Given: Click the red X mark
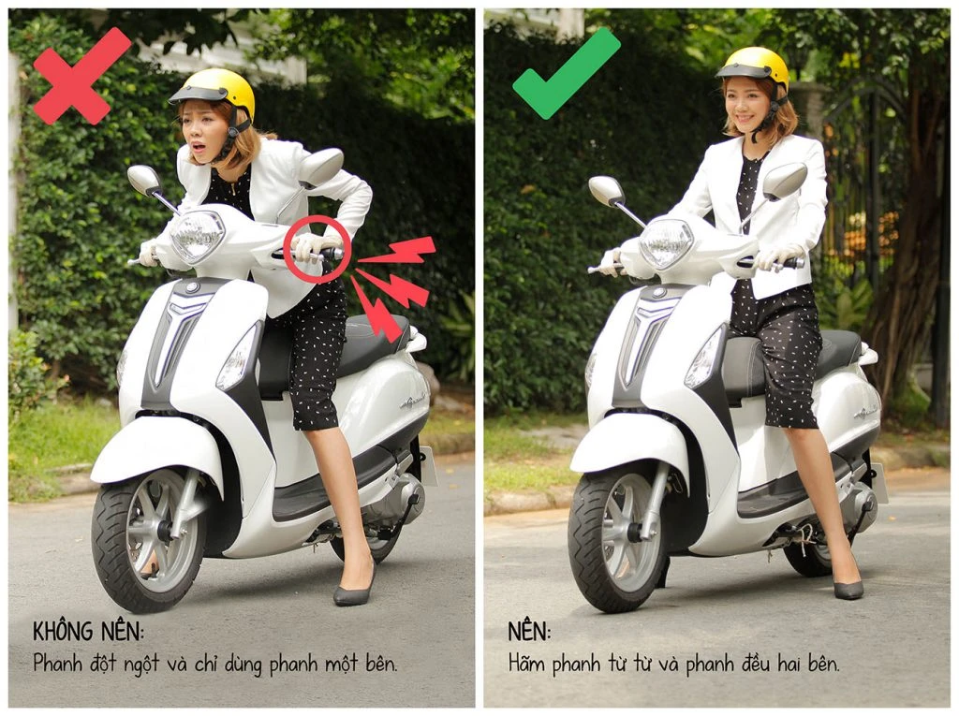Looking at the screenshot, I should [81, 76].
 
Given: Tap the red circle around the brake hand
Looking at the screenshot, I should [317, 249].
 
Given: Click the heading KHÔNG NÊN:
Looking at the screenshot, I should [89, 631].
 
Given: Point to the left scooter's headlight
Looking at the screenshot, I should [198, 235].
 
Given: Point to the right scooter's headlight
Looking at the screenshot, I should [666, 242].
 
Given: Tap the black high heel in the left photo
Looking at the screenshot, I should [354, 592].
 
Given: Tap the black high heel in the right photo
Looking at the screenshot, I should [848, 587].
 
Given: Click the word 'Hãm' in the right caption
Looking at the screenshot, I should [531, 664].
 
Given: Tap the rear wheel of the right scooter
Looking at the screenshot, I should [807, 556].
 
